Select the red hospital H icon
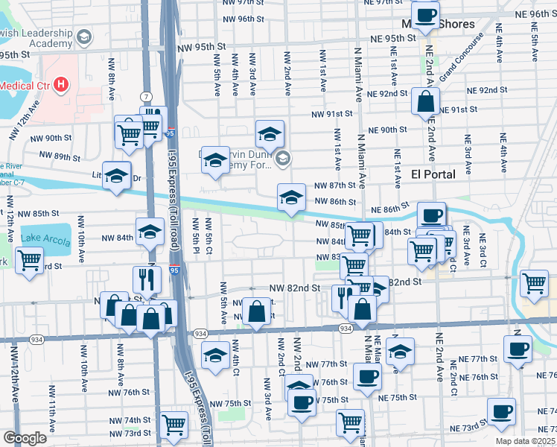pyautogui.click(x=60, y=85)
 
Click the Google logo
pyautogui.click(x=25, y=438)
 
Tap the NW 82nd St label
pyautogui.click(x=294, y=288)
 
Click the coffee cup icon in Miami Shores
pyautogui.click(x=425, y=16)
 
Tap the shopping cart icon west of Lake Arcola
pyautogui.click(x=29, y=261)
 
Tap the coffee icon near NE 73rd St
pyautogui.click(x=501, y=411)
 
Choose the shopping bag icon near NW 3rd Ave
pyautogui.click(x=256, y=311)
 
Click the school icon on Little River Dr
pyautogui.click(x=116, y=176)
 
